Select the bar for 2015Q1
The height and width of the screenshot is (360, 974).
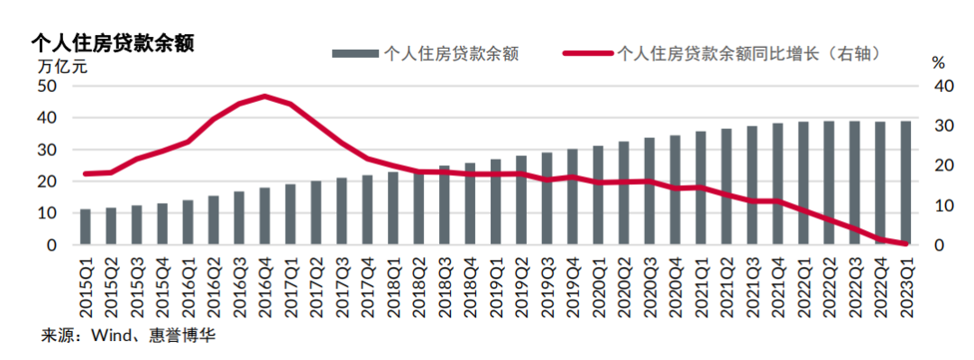[86, 227]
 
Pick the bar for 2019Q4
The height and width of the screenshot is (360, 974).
[573, 198]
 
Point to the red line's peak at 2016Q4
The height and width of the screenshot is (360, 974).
[265, 96]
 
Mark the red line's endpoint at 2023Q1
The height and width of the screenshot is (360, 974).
[905, 244]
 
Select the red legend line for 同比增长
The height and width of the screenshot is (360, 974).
[586, 53]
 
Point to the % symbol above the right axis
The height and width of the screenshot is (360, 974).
[938, 63]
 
